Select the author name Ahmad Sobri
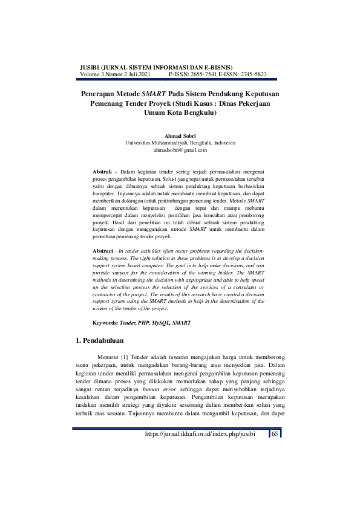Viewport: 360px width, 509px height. [180, 136]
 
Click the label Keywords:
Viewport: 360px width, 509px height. [106, 323]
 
